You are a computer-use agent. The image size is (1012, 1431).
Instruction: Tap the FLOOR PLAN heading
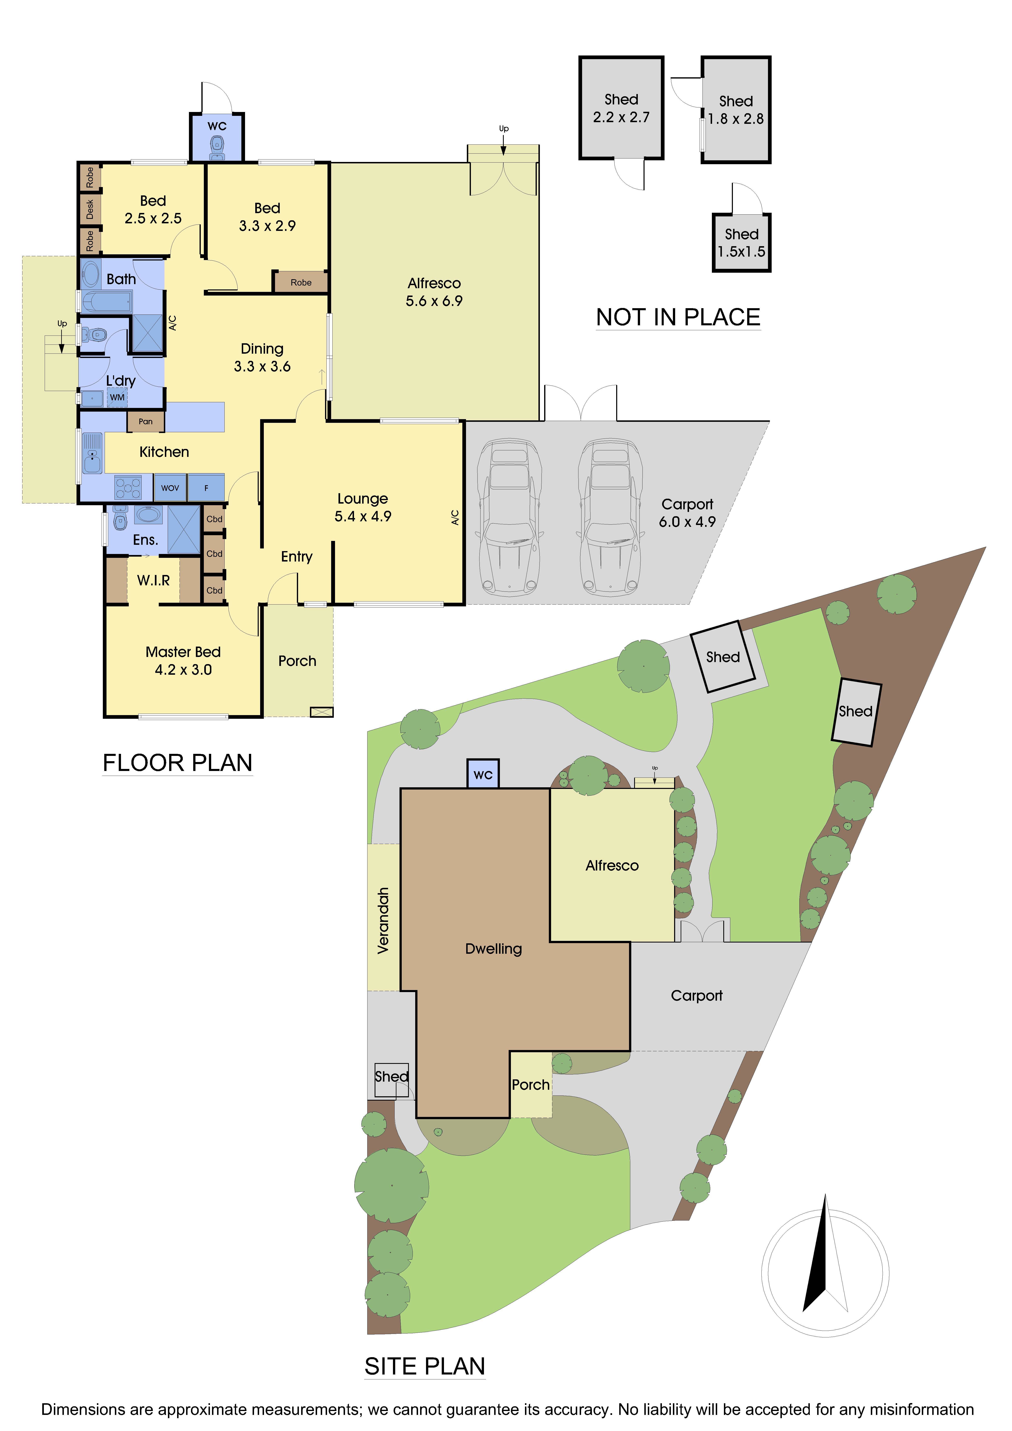pyautogui.click(x=178, y=763)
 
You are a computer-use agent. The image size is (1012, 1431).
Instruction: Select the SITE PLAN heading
pyautogui.click(x=425, y=1366)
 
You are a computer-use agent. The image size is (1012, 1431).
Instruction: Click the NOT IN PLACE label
pyautogui.click(x=678, y=317)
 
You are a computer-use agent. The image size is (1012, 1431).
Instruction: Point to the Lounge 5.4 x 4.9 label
pyautogui.click(x=363, y=507)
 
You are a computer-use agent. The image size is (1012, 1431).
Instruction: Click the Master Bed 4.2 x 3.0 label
pyautogui.click(x=183, y=661)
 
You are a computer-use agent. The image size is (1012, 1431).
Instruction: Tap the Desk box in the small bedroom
pyautogui.click(x=90, y=209)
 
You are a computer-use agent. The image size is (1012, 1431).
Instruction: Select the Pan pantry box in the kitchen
pyautogui.click(x=145, y=421)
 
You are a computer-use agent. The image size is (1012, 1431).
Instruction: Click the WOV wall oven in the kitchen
pyautogui.click(x=170, y=488)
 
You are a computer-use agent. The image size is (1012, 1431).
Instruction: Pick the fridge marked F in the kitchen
pyautogui.click(x=206, y=488)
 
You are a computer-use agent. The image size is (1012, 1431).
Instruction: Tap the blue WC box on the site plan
pyautogui.click(x=483, y=774)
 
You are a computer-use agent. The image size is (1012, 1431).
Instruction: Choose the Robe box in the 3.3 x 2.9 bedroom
pyautogui.click(x=301, y=282)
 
